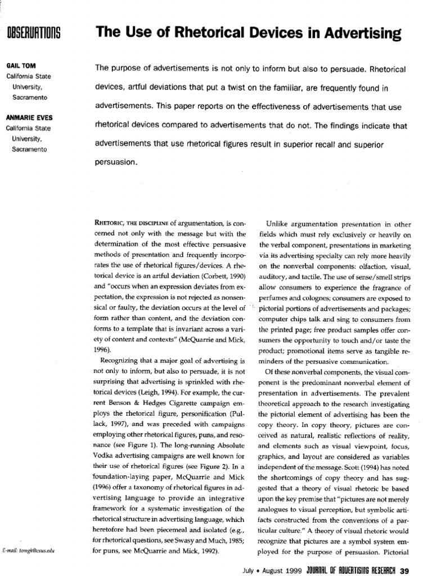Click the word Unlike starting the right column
pos(282,208)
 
